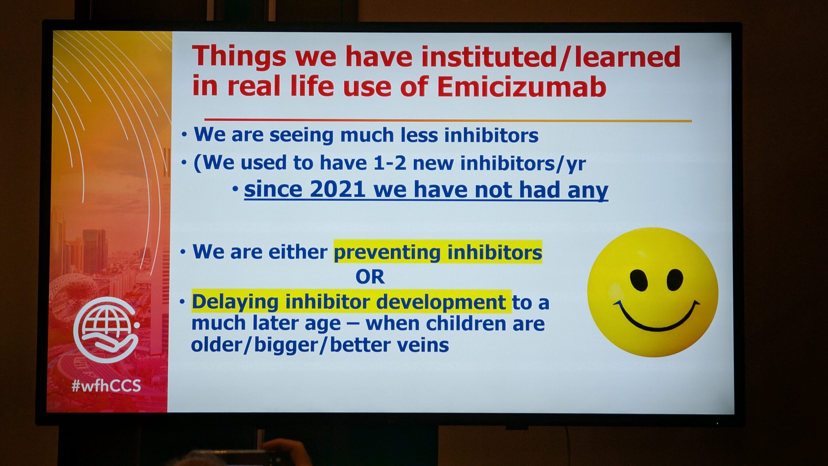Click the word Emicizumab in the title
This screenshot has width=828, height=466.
coord(521,86)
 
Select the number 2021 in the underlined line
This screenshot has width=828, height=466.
coord(338,189)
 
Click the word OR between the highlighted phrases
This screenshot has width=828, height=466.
coord(370,277)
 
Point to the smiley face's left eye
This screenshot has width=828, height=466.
coord(639,280)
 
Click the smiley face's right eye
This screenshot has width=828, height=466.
coord(675,280)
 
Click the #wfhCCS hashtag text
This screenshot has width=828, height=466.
coord(106,386)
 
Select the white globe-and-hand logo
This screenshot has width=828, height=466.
coord(106,330)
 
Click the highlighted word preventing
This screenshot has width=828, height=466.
coord(387,252)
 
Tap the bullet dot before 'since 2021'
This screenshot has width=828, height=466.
coord(235,189)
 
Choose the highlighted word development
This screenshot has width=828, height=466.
coord(441,303)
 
